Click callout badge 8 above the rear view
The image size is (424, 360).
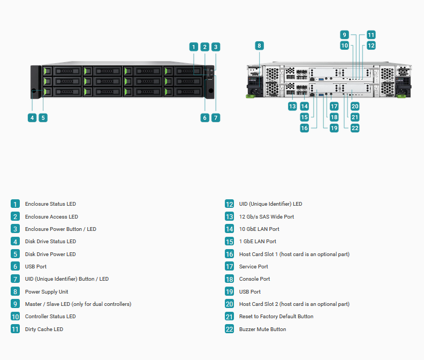(259, 46)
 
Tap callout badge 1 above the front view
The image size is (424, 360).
(194, 47)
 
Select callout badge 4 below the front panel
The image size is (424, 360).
(32, 118)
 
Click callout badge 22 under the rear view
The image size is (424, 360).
(355, 128)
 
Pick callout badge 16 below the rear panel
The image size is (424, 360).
(305, 128)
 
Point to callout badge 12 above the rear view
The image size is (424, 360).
(371, 46)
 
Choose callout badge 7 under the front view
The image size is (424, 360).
(216, 118)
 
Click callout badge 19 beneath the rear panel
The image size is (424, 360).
(334, 128)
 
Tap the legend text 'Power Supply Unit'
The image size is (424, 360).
(47, 292)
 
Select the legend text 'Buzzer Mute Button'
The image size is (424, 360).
(262, 329)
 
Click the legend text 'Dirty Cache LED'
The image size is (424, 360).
(44, 329)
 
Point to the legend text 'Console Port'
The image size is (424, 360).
(254, 279)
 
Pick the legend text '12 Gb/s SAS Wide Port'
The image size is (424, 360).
(267, 217)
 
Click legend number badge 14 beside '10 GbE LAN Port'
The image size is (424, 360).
(229, 229)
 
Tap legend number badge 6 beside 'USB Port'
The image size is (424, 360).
(15, 266)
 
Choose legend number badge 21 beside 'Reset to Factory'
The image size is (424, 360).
(229, 317)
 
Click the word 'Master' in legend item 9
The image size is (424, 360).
(33, 304)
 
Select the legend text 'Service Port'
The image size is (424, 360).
(253, 267)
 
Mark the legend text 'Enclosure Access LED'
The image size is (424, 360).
(51, 217)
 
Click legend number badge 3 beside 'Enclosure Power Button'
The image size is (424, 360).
(15, 229)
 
